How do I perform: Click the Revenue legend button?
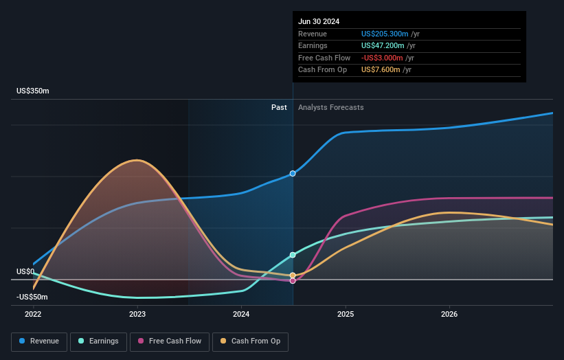coord(40,341)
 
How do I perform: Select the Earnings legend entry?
coord(98,341)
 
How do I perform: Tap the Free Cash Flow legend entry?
coord(169,341)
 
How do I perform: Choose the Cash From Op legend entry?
coord(251,341)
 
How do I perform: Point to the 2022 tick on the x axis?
coord(33,315)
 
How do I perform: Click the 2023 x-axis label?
coord(137,315)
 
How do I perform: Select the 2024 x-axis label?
coord(241,315)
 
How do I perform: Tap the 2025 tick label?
coord(346,315)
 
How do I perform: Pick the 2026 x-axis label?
coord(449,315)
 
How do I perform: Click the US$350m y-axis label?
coord(33,91)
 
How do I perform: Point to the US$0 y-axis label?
coord(25,272)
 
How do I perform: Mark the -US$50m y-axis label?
coord(32,297)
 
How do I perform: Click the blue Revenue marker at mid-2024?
coord(293,174)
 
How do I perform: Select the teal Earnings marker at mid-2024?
coord(293,255)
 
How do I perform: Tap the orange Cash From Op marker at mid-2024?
coord(293,275)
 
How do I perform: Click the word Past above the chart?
coord(279,107)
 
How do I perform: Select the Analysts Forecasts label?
coord(331,107)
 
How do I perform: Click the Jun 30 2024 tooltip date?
coord(319,21)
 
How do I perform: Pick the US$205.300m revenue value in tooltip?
coord(385,34)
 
